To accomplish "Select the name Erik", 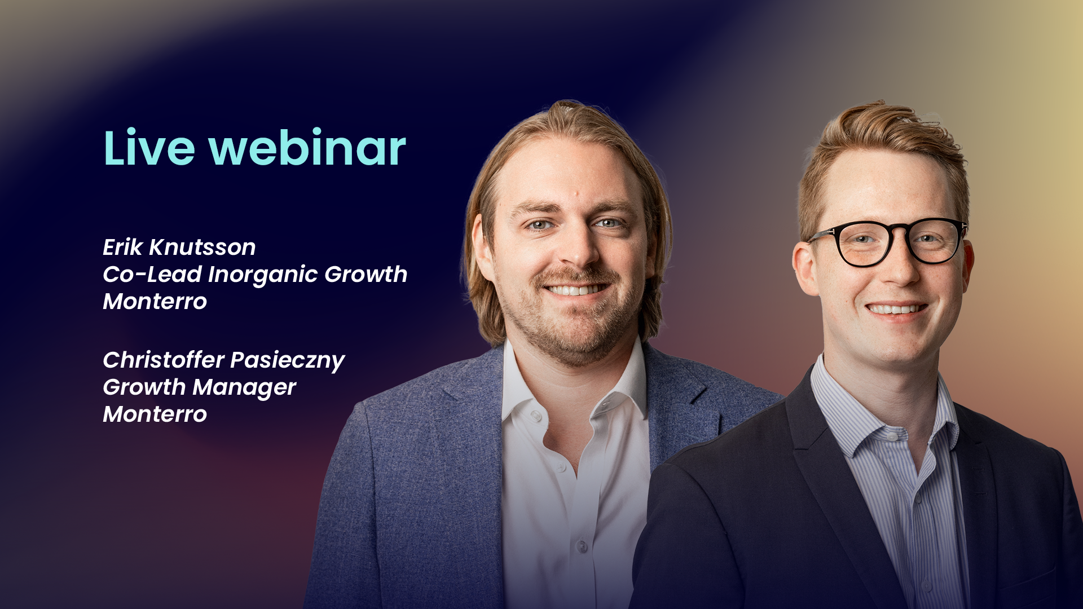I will [122, 247].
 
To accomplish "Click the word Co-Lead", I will [152, 275].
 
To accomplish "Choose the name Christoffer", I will [164, 360].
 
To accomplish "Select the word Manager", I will [244, 387].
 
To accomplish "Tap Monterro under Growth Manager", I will [155, 414].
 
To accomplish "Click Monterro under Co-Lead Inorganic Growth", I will [155, 302].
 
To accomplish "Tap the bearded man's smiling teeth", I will [575, 290].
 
